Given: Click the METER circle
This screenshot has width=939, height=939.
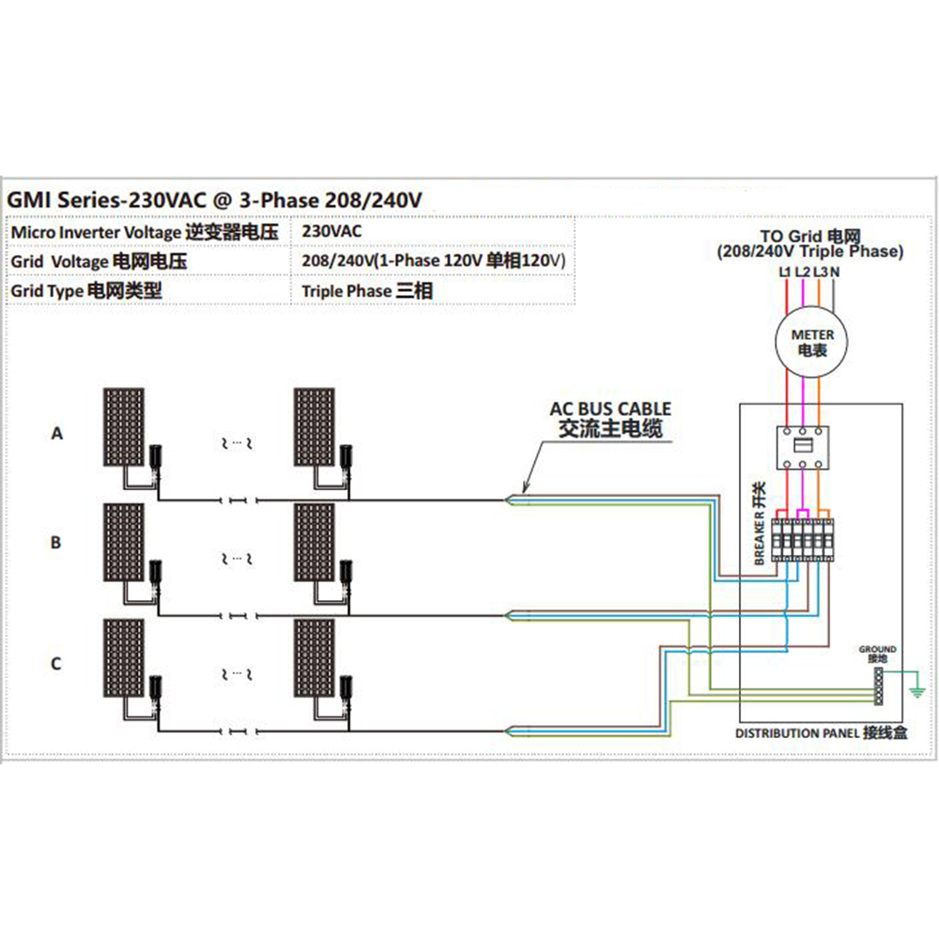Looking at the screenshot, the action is (812, 343).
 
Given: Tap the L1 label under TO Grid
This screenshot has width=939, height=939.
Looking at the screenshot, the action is (785, 272).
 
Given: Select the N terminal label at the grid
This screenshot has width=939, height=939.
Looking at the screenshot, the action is (835, 272).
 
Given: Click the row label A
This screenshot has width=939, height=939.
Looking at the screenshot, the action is (57, 433).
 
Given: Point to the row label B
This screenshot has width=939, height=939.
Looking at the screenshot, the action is (56, 543).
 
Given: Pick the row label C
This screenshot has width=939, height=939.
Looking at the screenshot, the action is (56, 664).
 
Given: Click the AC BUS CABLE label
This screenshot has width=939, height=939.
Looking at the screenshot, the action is (610, 409).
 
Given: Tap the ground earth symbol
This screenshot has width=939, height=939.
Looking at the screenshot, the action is (916, 692).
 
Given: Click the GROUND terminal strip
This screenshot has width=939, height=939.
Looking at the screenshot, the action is (879, 685).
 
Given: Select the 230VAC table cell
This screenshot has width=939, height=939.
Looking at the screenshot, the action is (331, 231).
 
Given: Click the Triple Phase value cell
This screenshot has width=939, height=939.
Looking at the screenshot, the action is (367, 291).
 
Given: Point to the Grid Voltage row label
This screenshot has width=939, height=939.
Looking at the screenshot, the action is (99, 261).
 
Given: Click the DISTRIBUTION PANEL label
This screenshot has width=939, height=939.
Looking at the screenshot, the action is (821, 733).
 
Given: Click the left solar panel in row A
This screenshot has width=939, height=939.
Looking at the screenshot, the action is (124, 427).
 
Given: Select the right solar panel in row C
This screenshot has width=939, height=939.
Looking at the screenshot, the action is (315, 657).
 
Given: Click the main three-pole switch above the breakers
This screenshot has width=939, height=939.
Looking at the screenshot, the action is (803, 447).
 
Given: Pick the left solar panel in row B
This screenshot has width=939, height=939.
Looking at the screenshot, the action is (124, 542).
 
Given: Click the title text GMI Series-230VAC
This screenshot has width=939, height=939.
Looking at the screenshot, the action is (107, 200).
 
